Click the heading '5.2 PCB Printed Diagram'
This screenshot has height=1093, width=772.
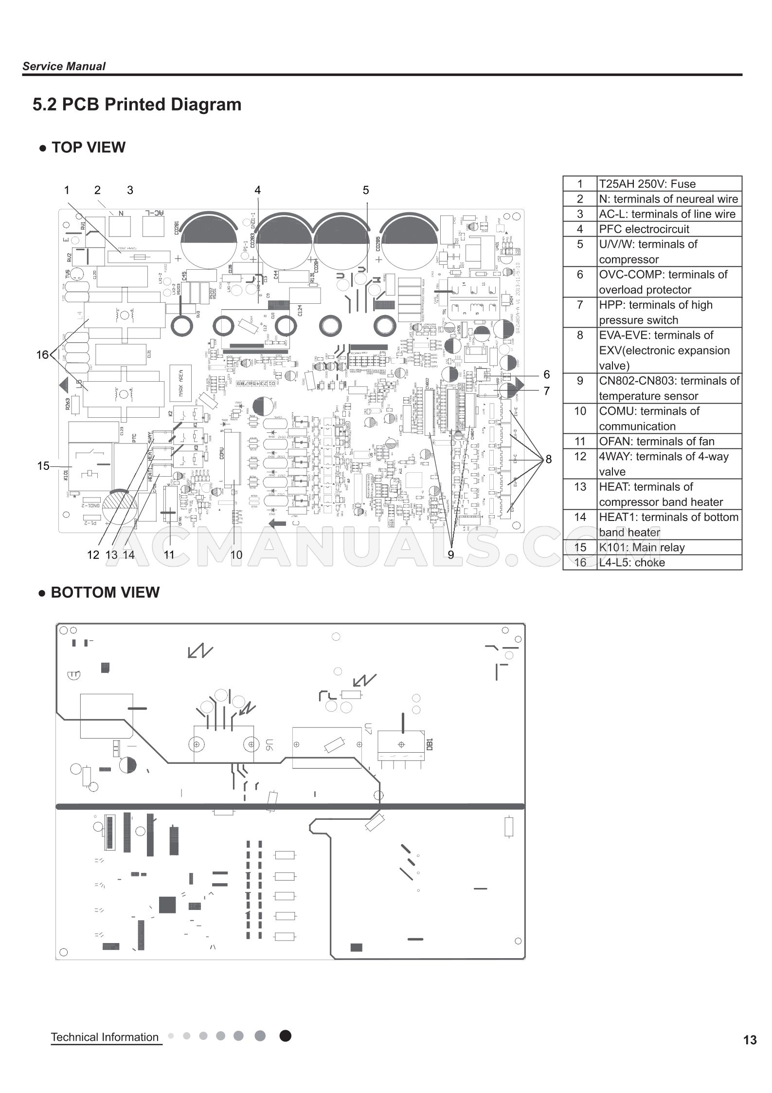(137, 105)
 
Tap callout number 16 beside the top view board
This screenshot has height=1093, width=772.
(42, 355)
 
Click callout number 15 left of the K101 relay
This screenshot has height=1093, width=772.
(43, 466)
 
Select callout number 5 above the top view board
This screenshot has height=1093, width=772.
(366, 190)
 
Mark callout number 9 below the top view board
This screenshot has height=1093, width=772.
(451, 555)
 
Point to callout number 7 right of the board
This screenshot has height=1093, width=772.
(547, 391)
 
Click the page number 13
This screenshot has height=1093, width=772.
(750, 1040)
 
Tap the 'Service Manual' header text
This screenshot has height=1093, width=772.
(64, 66)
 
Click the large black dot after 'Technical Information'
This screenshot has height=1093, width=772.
(286, 1036)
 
